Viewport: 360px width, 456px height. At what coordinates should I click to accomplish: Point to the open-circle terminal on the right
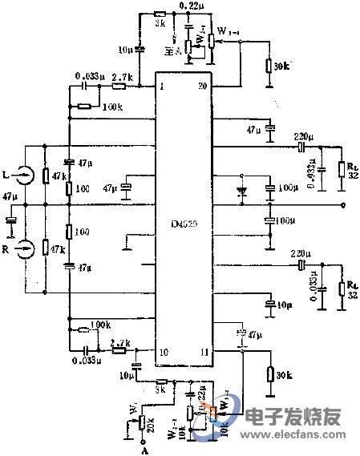pyautogui.click(x=343, y=206)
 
